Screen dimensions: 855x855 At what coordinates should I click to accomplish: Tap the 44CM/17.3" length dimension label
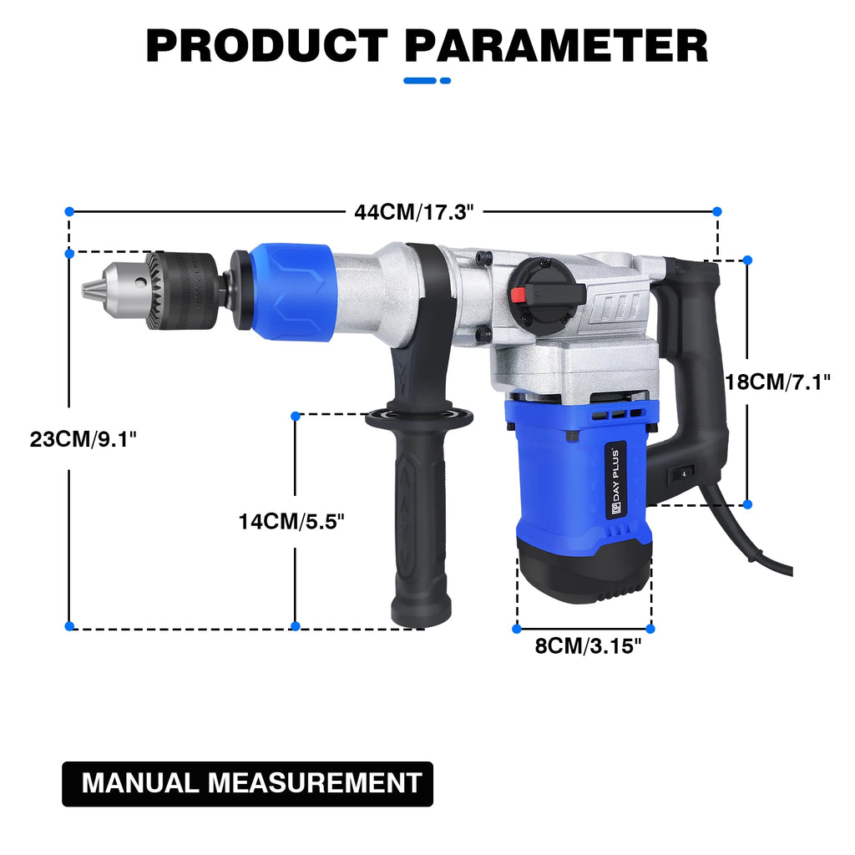[413, 211]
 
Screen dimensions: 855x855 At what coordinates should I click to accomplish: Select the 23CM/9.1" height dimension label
[83, 438]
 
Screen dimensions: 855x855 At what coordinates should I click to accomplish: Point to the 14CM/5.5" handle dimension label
[291, 522]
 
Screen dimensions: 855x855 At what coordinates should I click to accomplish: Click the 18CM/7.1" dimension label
[777, 382]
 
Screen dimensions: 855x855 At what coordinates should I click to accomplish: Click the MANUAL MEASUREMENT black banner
[248, 783]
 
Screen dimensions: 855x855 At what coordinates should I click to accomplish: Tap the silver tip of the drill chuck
[89, 289]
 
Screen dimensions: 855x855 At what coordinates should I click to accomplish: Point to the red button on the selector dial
[518, 294]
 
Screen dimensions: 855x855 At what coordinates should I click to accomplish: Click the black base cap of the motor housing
[581, 568]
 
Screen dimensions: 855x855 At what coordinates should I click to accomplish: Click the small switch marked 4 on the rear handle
[683, 473]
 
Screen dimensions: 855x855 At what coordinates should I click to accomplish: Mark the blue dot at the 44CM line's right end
[716, 211]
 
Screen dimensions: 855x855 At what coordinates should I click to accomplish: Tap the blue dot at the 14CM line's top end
[295, 415]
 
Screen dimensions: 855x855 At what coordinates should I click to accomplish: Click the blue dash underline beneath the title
[427, 80]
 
